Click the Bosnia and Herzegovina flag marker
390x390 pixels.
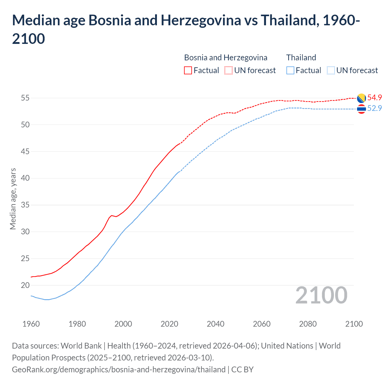(x=361, y=98)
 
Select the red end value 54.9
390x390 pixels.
(x=374, y=97)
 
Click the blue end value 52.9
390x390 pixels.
(x=374, y=108)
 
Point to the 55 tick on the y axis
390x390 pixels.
(x=25, y=98)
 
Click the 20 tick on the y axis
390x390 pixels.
(x=25, y=285)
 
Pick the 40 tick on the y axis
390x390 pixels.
(x=25, y=178)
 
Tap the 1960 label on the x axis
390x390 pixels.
(x=31, y=324)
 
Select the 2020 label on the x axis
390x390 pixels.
(x=169, y=324)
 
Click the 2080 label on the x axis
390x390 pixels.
(x=308, y=324)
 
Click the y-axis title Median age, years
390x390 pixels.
(x=13, y=199)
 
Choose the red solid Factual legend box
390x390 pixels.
(x=188, y=70)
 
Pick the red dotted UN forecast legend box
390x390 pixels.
(x=229, y=70)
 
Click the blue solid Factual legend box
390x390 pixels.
(x=290, y=70)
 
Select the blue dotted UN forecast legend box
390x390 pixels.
(x=331, y=70)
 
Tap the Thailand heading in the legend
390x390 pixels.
(x=301, y=58)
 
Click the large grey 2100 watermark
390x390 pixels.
(x=321, y=295)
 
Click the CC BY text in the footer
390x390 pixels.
(x=243, y=370)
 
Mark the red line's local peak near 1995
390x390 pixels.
(x=112, y=215)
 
